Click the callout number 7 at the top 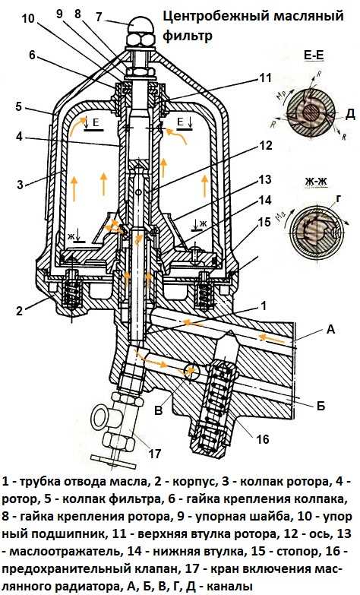pyautogui.click(x=99, y=17)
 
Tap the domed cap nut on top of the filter pyautogui.click(x=141, y=27)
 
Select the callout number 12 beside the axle pyautogui.click(x=266, y=145)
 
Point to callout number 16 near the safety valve pyautogui.click(x=262, y=439)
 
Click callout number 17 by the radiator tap pyautogui.click(x=154, y=453)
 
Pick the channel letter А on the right pyautogui.click(x=331, y=329)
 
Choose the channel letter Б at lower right pyautogui.click(x=321, y=406)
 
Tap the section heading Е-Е pyautogui.click(x=314, y=55)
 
